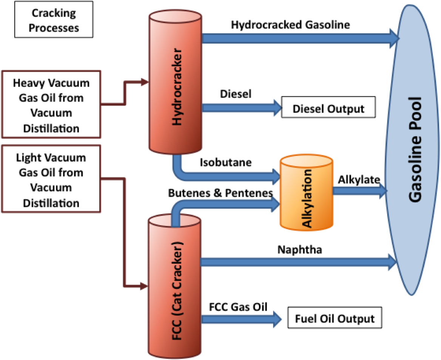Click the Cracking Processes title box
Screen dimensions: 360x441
click(53, 20)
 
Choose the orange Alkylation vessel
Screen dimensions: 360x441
click(306, 193)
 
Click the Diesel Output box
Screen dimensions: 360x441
click(328, 109)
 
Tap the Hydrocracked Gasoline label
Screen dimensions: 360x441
click(291, 25)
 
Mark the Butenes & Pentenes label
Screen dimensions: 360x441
click(220, 193)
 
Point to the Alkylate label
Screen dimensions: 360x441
click(359, 180)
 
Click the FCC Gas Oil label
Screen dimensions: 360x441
click(238, 307)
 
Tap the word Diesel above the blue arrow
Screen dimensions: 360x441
click(236, 94)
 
